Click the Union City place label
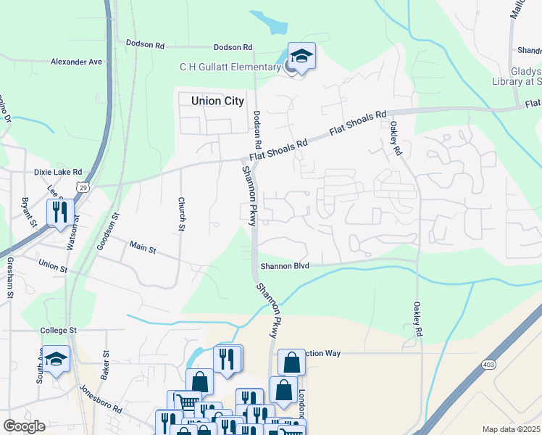tap(217, 101)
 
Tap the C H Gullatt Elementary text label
tap(230, 67)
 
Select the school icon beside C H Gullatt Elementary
tap(301, 55)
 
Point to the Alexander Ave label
tap(76, 62)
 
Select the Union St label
tap(53, 268)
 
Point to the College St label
tap(58, 331)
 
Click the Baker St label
tap(105, 366)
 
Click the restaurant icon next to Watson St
tap(59, 212)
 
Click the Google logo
tap(24, 426)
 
